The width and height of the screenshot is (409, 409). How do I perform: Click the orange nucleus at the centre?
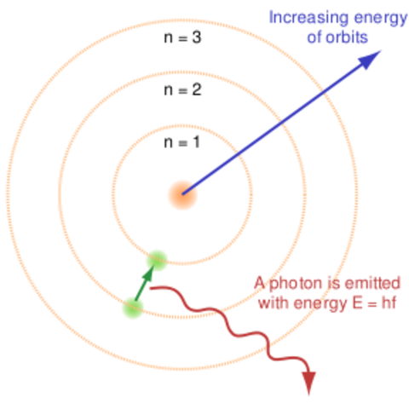[x=181, y=194]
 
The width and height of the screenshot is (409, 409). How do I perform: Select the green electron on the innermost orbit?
[x=157, y=257]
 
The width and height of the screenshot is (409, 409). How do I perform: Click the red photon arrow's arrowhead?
[x=308, y=383]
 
